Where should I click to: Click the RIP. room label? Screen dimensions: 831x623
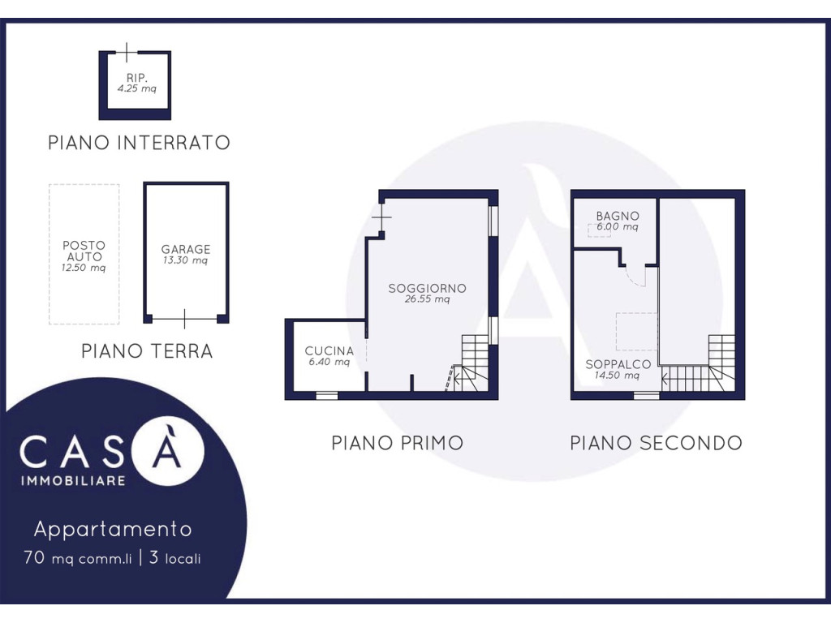pyautogui.click(x=136, y=78)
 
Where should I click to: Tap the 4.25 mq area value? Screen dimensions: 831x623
pyautogui.click(x=136, y=88)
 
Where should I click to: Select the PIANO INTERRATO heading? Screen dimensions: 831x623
pyautogui.click(x=139, y=143)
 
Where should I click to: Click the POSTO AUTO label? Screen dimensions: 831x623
pyautogui.click(x=84, y=251)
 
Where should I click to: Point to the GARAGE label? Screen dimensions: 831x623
pyautogui.click(x=186, y=249)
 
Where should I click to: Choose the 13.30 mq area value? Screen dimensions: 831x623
pyautogui.click(x=185, y=260)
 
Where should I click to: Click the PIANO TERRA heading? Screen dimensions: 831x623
pyautogui.click(x=147, y=350)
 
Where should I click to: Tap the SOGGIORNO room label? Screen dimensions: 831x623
pyautogui.click(x=427, y=288)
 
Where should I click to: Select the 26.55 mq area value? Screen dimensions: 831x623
pyautogui.click(x=427, y=299)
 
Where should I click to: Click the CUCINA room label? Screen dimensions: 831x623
pyautogui.click(x=329, y=350)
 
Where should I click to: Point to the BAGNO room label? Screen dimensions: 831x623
pyautogui.click(x=618, y=216)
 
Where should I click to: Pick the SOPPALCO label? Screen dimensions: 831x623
pyautogui.click(x=618, y=364)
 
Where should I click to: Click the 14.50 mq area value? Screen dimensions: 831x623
pyautogui.click(x=617, y=375)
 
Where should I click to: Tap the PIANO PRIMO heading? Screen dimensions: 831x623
pyautogui.click(x=398, y=443)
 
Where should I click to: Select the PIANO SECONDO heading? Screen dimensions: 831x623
pyautogui.click(x=656, y=443)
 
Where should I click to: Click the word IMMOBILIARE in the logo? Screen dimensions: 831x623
pyautogui.click(x=73, y=481)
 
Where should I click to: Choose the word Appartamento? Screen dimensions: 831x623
pyautogui.click(x=113, y=529)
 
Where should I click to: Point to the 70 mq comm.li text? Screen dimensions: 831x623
pyautogui.click(x=77, y=558)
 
